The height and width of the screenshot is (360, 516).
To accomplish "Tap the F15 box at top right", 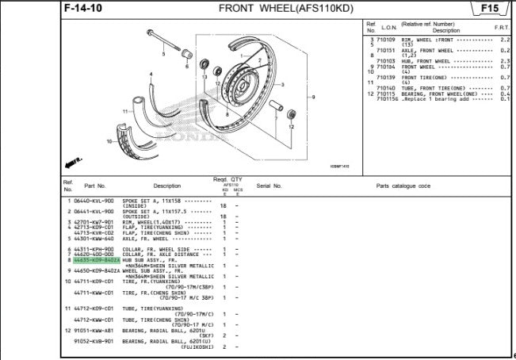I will point(490,9).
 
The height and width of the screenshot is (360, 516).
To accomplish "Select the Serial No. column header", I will point(269,186).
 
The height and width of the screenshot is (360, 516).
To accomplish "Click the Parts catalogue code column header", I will point(403,186).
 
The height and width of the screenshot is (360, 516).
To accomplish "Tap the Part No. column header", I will point(94,186).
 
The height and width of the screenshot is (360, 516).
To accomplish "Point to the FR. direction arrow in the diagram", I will point(75,162).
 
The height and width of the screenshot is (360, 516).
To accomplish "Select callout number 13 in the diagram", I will point(204,77).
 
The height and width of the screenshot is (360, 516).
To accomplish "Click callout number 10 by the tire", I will point(110,141).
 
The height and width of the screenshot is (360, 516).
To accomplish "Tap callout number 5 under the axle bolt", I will point(164,55).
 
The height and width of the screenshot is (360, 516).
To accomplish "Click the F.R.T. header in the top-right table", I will point(502,27).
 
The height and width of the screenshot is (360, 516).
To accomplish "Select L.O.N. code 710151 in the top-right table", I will point(387,49).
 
